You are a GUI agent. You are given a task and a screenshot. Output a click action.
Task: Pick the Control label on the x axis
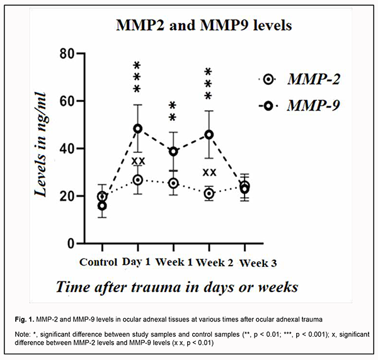98,261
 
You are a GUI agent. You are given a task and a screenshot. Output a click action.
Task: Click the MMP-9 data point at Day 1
137,128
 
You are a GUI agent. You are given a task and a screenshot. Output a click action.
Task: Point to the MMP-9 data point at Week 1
173,151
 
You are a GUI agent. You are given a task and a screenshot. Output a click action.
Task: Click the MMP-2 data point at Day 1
137,180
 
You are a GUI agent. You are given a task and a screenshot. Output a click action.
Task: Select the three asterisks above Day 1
137,76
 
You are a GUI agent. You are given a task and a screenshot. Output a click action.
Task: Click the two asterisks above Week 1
173,110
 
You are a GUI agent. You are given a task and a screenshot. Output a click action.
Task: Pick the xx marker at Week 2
209,172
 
